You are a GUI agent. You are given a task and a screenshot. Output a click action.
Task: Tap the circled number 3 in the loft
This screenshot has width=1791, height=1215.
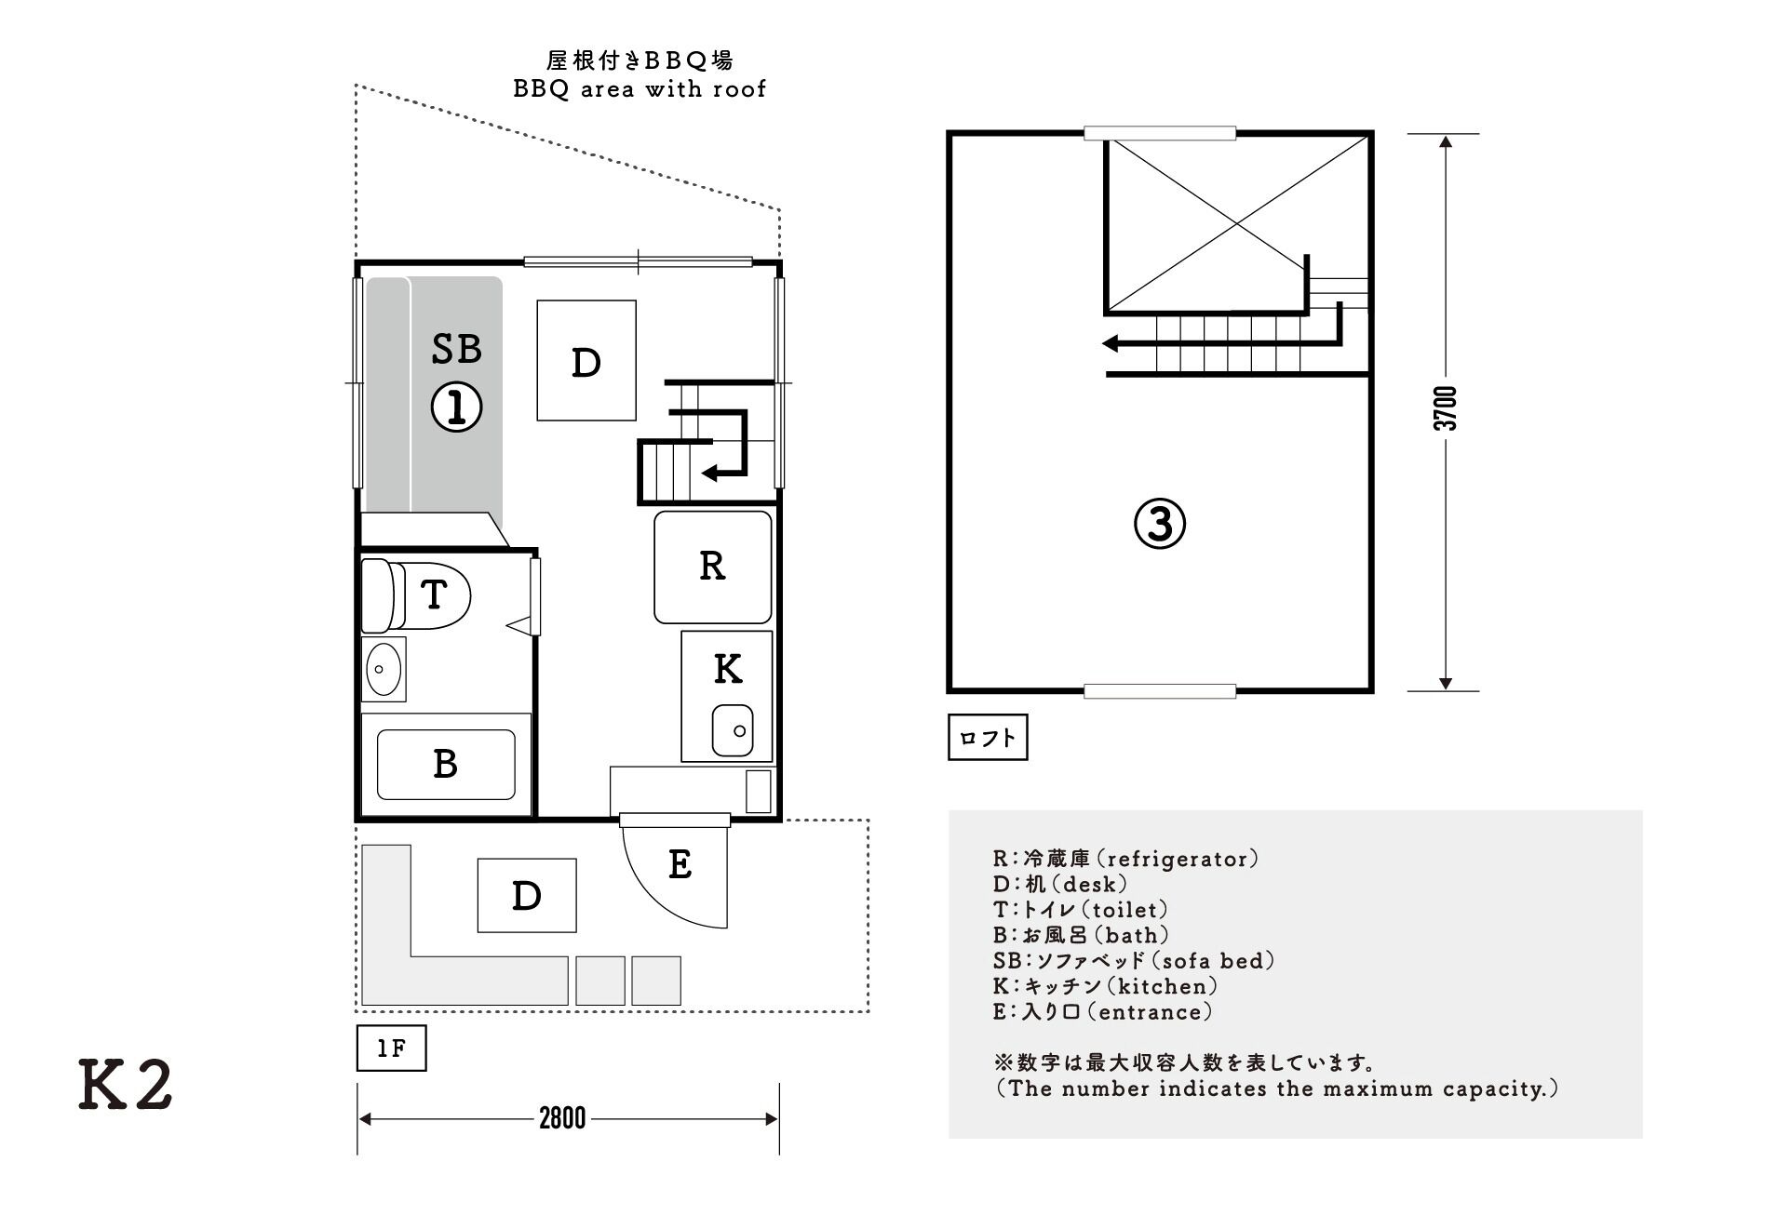1159,524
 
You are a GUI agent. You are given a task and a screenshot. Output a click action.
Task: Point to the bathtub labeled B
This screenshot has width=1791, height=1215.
445,764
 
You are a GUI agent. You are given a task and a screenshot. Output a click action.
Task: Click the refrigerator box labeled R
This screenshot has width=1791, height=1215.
712,567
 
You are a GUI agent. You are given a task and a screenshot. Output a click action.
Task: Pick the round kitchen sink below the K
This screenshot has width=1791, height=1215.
733,730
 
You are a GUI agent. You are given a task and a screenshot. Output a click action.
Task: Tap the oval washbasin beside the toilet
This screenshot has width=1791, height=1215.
383,669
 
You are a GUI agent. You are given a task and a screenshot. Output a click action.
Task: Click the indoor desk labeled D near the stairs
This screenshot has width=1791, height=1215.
586,361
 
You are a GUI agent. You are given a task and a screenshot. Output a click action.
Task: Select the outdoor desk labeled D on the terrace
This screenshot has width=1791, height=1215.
526,895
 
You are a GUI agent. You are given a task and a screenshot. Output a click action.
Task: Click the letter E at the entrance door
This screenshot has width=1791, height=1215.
680,865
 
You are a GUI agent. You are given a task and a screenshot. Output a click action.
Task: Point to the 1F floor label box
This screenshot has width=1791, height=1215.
391,1048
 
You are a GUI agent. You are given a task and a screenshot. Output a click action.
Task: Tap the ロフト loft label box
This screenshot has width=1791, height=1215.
987,738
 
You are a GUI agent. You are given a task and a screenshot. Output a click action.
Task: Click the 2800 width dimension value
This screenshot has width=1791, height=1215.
562,1118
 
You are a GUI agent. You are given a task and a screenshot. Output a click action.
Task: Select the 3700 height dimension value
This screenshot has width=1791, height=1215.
1445,408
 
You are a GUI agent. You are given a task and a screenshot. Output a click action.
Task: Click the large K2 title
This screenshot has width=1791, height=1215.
126,1085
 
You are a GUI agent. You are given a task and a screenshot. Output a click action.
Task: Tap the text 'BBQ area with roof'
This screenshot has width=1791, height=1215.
640,89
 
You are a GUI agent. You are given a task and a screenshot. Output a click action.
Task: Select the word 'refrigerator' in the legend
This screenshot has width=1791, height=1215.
1178,859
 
